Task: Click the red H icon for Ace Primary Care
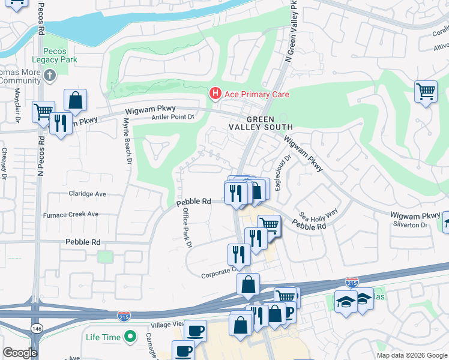coord(214,94)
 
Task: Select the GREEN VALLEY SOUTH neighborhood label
coord(261,122)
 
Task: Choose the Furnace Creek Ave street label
coord(70,214)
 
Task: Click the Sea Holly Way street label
coord(319,215)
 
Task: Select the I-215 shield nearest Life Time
coord(124,314)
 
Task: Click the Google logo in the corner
coord(20,353)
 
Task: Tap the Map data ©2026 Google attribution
coord(411,355)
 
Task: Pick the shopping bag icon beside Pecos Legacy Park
coord(76,100)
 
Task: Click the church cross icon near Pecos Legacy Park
coord(50,76)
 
